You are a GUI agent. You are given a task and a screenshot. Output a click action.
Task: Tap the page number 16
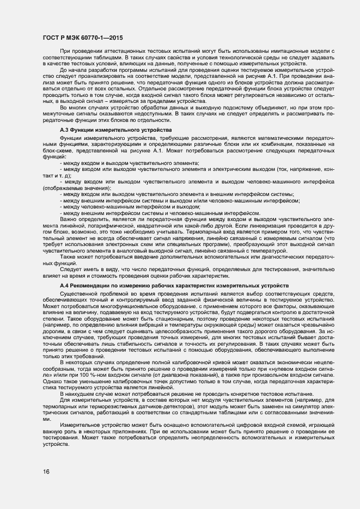46,471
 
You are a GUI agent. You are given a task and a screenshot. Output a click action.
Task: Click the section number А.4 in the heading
65,286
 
